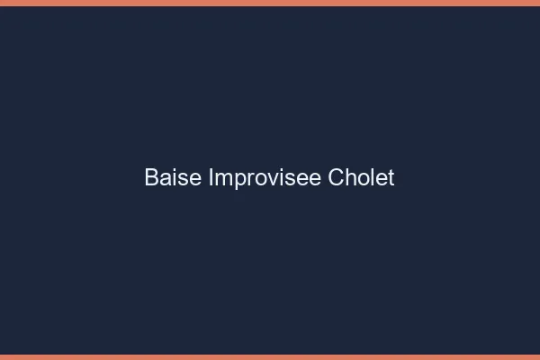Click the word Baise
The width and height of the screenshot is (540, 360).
pyautogui.click(x=173, y=177)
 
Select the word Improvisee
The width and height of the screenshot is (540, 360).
pyautogui.click(x=265, y=177)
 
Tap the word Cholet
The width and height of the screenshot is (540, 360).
pyautogui.click(x=361, y=177)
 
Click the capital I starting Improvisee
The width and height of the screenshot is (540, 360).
pyautogui.click(x=211, y=177)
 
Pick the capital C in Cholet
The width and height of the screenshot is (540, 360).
pyautogui.click(x=335, y=177)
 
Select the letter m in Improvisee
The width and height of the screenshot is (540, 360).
pyautogui.click(x=221, y=179)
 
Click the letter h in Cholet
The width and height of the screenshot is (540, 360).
pyautogui.click(x=349, y=177)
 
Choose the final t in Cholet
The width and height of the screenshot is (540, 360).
pyautogui.click(x=391, y=177)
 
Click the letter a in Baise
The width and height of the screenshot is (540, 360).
pyautogui.click(x=164, y=179)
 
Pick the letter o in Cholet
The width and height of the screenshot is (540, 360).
pyautogui.click(x=362, y=179)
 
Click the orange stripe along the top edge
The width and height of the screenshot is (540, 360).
pyautogui.click(x=270, y=3)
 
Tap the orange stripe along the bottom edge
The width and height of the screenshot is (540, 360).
pyautogui.click(x=270, y=356)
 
